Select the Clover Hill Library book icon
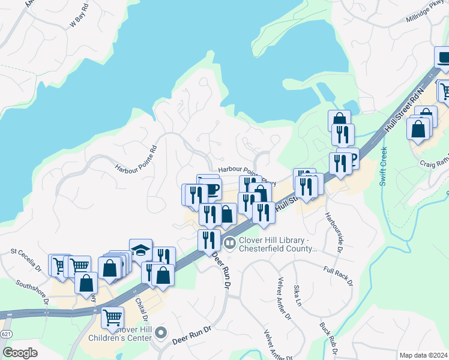point(229,243)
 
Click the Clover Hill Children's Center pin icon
point(160,332)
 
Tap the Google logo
point(20,353)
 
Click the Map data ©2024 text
point(423,355)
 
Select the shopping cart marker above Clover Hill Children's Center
point(112,317)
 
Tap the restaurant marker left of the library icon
point(208,240)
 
